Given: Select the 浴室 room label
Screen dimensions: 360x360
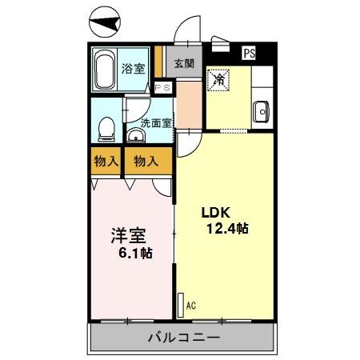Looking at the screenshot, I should pyautogui.click(x=133, y=69).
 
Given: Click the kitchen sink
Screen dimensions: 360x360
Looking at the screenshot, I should pyautogui.click(x=262, y=113).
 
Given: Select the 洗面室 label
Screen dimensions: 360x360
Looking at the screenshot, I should pyautogui.click(x=156, y=123).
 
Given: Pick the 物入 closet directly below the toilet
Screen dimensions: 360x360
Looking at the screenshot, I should pyautogui.click(x=106, y=161).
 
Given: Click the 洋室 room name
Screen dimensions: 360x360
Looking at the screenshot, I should pyautogui.click(x=127, y=236).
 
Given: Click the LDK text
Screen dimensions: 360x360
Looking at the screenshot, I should pyautogui.click(x=214, y=213).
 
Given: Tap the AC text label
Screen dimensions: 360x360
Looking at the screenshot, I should pyautogui.click(x=190, y=305).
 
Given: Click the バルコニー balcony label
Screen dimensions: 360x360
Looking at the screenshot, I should pyautogui.click(x=183, y=338).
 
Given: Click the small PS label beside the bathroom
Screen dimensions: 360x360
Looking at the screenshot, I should pyautogui.click(x=162, y=88).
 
